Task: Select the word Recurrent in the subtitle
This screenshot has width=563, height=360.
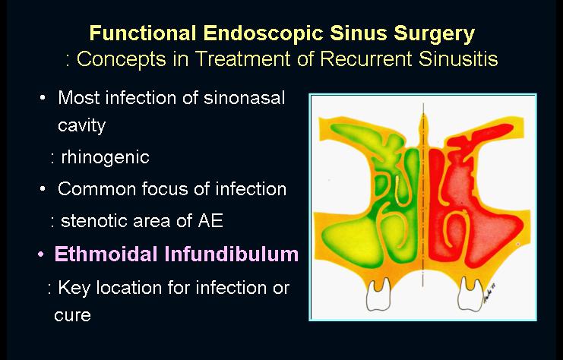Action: (x=365, y=58)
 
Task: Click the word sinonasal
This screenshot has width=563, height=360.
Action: (x=244, y=98)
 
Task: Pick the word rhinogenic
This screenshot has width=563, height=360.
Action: (x=105, y=157)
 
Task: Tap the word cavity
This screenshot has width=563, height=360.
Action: (x=81, y=125)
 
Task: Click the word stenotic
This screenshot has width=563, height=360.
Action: (x=94, y=220)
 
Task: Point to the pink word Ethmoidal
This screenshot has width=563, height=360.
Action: (x=106, y=254)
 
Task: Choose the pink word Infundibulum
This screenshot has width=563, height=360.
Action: (x=232, y=254)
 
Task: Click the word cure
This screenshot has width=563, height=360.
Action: (x=72, y=315)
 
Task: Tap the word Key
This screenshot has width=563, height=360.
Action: (x=74, y=289)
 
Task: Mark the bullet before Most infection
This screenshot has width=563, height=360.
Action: (x=43, y=98)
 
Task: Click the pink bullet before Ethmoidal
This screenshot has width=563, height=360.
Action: (x=41, y=254)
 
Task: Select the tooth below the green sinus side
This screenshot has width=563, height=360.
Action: (x=378, y=294)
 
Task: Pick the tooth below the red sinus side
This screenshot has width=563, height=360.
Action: (x=470, y=294)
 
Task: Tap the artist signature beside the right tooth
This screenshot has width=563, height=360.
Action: (x=489, y=292)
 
